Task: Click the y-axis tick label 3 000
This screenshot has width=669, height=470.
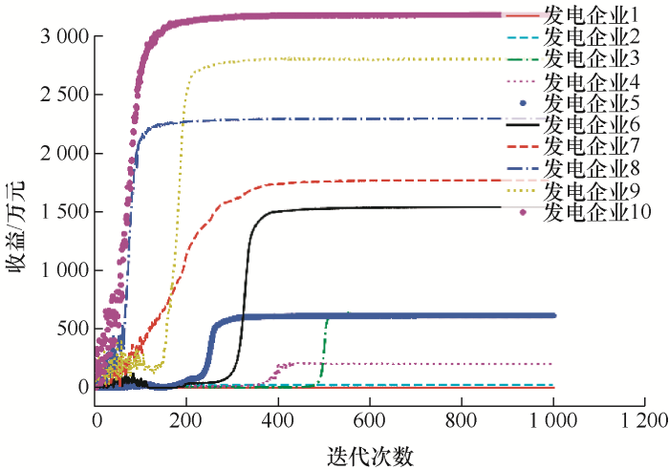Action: click(63, 36)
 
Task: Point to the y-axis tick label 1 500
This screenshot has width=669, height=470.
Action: click(63, 212)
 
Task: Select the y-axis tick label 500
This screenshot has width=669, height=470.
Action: click(73, 329)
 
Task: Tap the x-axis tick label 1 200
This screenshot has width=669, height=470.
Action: click(644, 420)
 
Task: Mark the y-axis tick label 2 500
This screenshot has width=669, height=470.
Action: click(63, 95)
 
